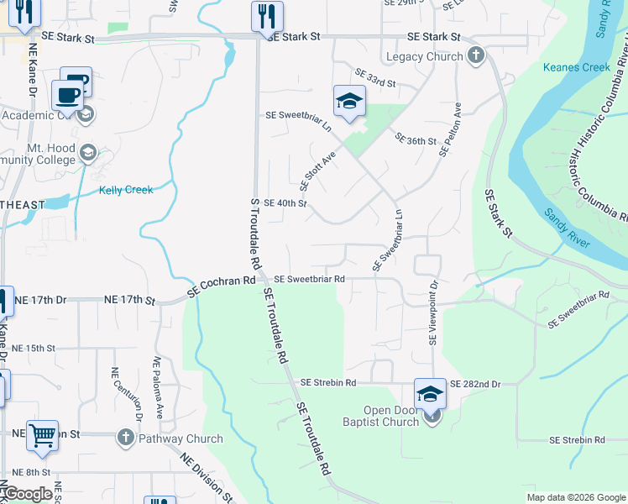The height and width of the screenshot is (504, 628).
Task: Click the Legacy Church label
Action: coord(424,56)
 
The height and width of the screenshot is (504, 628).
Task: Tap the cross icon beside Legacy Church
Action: coord(476,56)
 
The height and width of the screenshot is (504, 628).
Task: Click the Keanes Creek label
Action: coord(576,67)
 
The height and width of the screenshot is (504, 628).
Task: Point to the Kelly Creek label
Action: coord(126,190)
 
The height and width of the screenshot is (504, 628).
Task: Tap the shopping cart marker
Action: coord(42,436)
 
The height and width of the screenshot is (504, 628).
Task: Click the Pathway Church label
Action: coord(181,438)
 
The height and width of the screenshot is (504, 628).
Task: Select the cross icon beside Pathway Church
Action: coord(125,438)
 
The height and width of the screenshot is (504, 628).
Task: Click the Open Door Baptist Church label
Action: coord(385,416)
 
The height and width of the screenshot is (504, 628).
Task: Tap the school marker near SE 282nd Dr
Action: coord(430,393)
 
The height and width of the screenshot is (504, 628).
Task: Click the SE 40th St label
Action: coord(285,203)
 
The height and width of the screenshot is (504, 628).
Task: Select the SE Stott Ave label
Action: coord(317,170)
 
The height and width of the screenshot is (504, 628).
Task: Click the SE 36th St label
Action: coord(416,140)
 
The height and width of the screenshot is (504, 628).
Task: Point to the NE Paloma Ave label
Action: coord(159,387)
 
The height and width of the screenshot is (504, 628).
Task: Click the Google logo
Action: coord(28,494)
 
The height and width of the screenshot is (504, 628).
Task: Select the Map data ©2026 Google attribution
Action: coord(575,497)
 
